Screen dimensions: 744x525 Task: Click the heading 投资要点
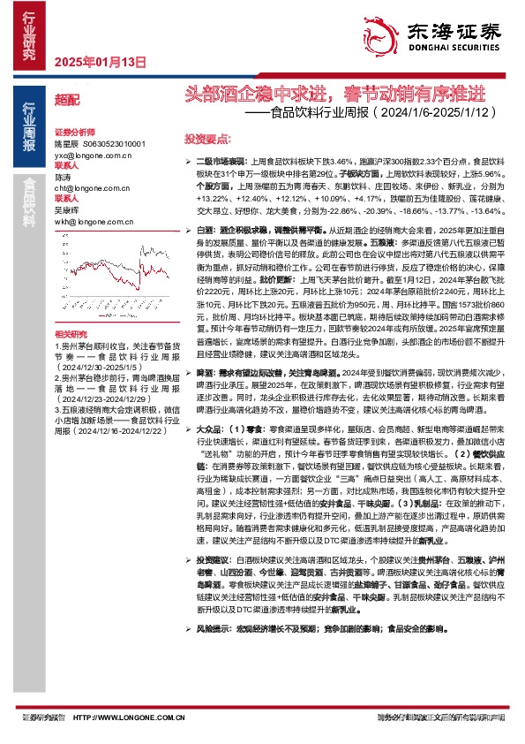206,139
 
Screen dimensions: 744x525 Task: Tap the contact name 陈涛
63,177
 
